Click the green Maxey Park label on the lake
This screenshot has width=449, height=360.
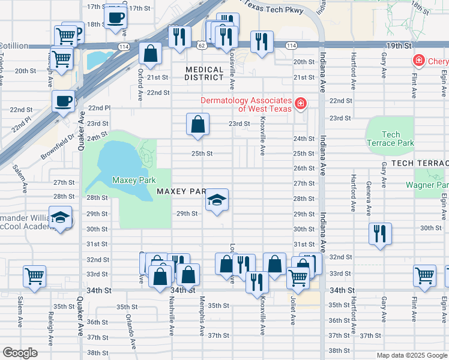134,180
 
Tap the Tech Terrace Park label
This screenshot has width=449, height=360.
390,139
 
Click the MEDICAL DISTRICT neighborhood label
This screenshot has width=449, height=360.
204,74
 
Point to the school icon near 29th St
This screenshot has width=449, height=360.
217,200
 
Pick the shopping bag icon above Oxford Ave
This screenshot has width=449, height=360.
150,53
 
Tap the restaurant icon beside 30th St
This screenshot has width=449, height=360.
379,233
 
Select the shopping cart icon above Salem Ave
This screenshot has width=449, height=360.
34,276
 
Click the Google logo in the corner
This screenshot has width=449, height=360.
20,353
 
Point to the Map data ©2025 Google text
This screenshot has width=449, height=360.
411,355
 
